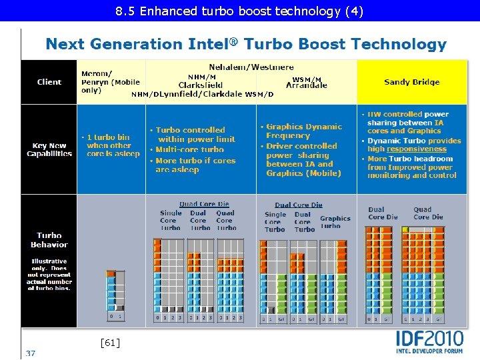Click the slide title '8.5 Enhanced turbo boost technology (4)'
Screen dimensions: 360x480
[239, 11]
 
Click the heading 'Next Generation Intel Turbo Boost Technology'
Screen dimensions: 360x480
[245, 45]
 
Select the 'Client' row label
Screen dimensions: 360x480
[49, 82]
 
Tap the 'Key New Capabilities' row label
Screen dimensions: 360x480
[49, 149]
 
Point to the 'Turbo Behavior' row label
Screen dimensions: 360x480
[49, 239]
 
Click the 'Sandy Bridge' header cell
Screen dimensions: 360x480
[411, 82]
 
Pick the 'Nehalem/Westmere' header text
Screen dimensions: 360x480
[251, 67]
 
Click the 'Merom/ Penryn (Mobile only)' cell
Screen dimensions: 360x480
[111, 81]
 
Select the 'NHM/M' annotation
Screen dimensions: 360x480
[201, 77]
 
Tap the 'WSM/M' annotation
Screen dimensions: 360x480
[307, 80]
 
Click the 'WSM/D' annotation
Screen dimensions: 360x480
[259, 94]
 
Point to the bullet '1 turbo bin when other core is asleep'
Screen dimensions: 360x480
[113, 145]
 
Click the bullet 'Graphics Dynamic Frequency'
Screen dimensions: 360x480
[303, 131]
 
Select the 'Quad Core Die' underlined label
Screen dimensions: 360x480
[204, 204]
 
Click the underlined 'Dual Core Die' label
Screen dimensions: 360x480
[298, 205]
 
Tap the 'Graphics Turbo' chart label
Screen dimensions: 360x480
[335, 222]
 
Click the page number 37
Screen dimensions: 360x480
[31, 353]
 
